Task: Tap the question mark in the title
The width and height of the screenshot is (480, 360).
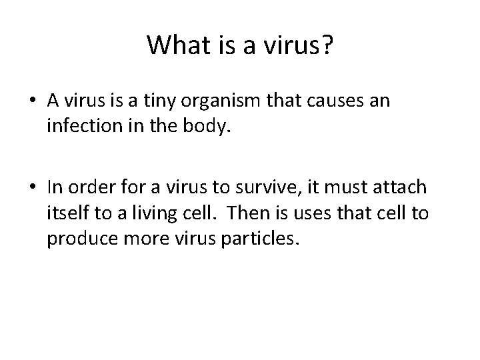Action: pyautogui.click(x=327, y=45)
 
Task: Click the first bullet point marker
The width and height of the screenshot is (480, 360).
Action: pyautogui.click(x=32, y=101)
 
